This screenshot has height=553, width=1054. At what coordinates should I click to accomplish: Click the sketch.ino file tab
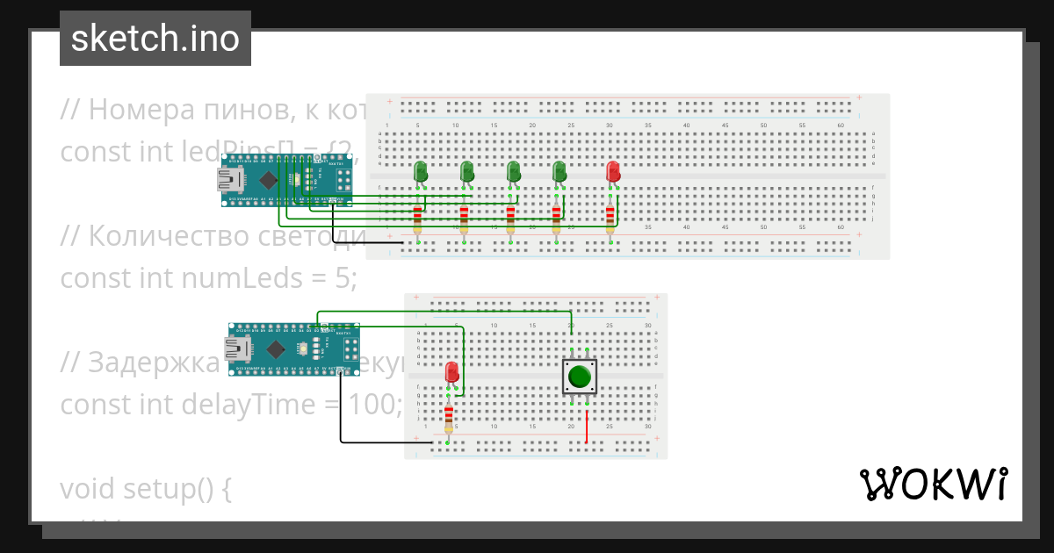click(x=155, y=39)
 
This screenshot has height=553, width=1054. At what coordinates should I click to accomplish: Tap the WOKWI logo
click(x=933, y=485)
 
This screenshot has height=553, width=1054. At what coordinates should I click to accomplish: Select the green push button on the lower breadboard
click(x=579, y=377)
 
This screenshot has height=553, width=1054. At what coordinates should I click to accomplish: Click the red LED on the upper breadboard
click(x=612, y=171)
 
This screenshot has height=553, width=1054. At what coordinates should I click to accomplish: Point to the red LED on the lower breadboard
click(x=452, y=372)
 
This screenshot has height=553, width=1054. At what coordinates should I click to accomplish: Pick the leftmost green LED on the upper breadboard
click(x=421, y=171)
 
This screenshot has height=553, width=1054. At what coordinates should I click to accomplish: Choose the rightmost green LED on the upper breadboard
click(x=558, y=171)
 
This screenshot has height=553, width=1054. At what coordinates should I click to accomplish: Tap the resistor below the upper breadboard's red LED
click(x=610, y=214)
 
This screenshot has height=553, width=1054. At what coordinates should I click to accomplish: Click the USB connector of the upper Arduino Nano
click(x=230, y=180)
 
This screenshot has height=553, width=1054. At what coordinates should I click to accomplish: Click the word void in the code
click(x=88, y=489)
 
